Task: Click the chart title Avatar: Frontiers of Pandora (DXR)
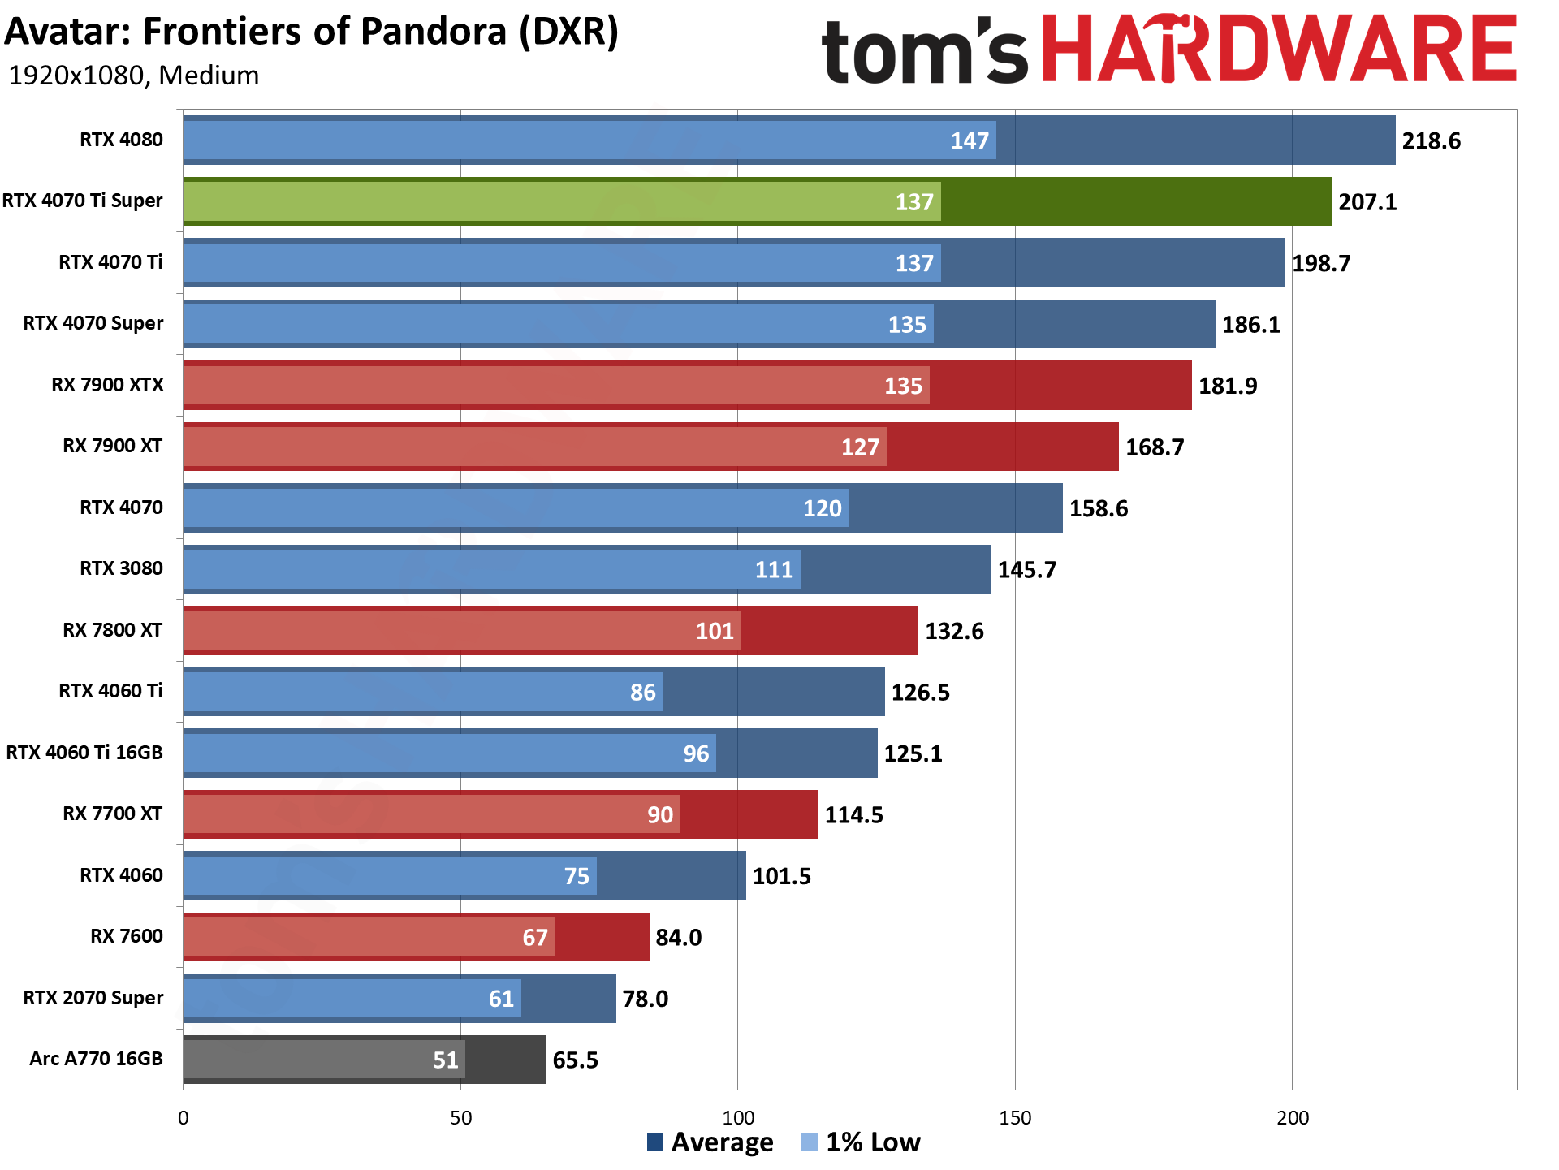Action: [x=312, y=32]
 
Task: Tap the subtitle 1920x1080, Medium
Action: [x=133, y=76]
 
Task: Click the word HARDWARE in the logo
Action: [x=1278, y=50]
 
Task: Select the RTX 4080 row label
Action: [x=121, y=140]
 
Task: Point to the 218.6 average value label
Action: [x=1431, y=141]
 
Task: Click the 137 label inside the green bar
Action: [x=914, y=202]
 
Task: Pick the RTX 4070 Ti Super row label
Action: [x=82, y=201]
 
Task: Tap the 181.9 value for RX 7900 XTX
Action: [x=1228, y=386]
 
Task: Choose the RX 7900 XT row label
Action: [x=112, y=446]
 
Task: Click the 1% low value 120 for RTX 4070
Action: [x=822, y=508]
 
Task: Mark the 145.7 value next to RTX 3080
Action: [x=1026, y=570]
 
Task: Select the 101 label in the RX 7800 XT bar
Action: [x=715, y=631]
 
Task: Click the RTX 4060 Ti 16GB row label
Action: [x=84, y=753]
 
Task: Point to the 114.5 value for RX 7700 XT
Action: [x=853, y=815]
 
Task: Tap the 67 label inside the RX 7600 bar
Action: [x=534, y=938]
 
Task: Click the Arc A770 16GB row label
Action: [x=96, y=1059]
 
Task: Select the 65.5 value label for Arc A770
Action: [x=575, y=1060]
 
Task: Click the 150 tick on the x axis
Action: [x=1015, y=1118]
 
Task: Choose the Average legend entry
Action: [x=710, y=1142]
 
